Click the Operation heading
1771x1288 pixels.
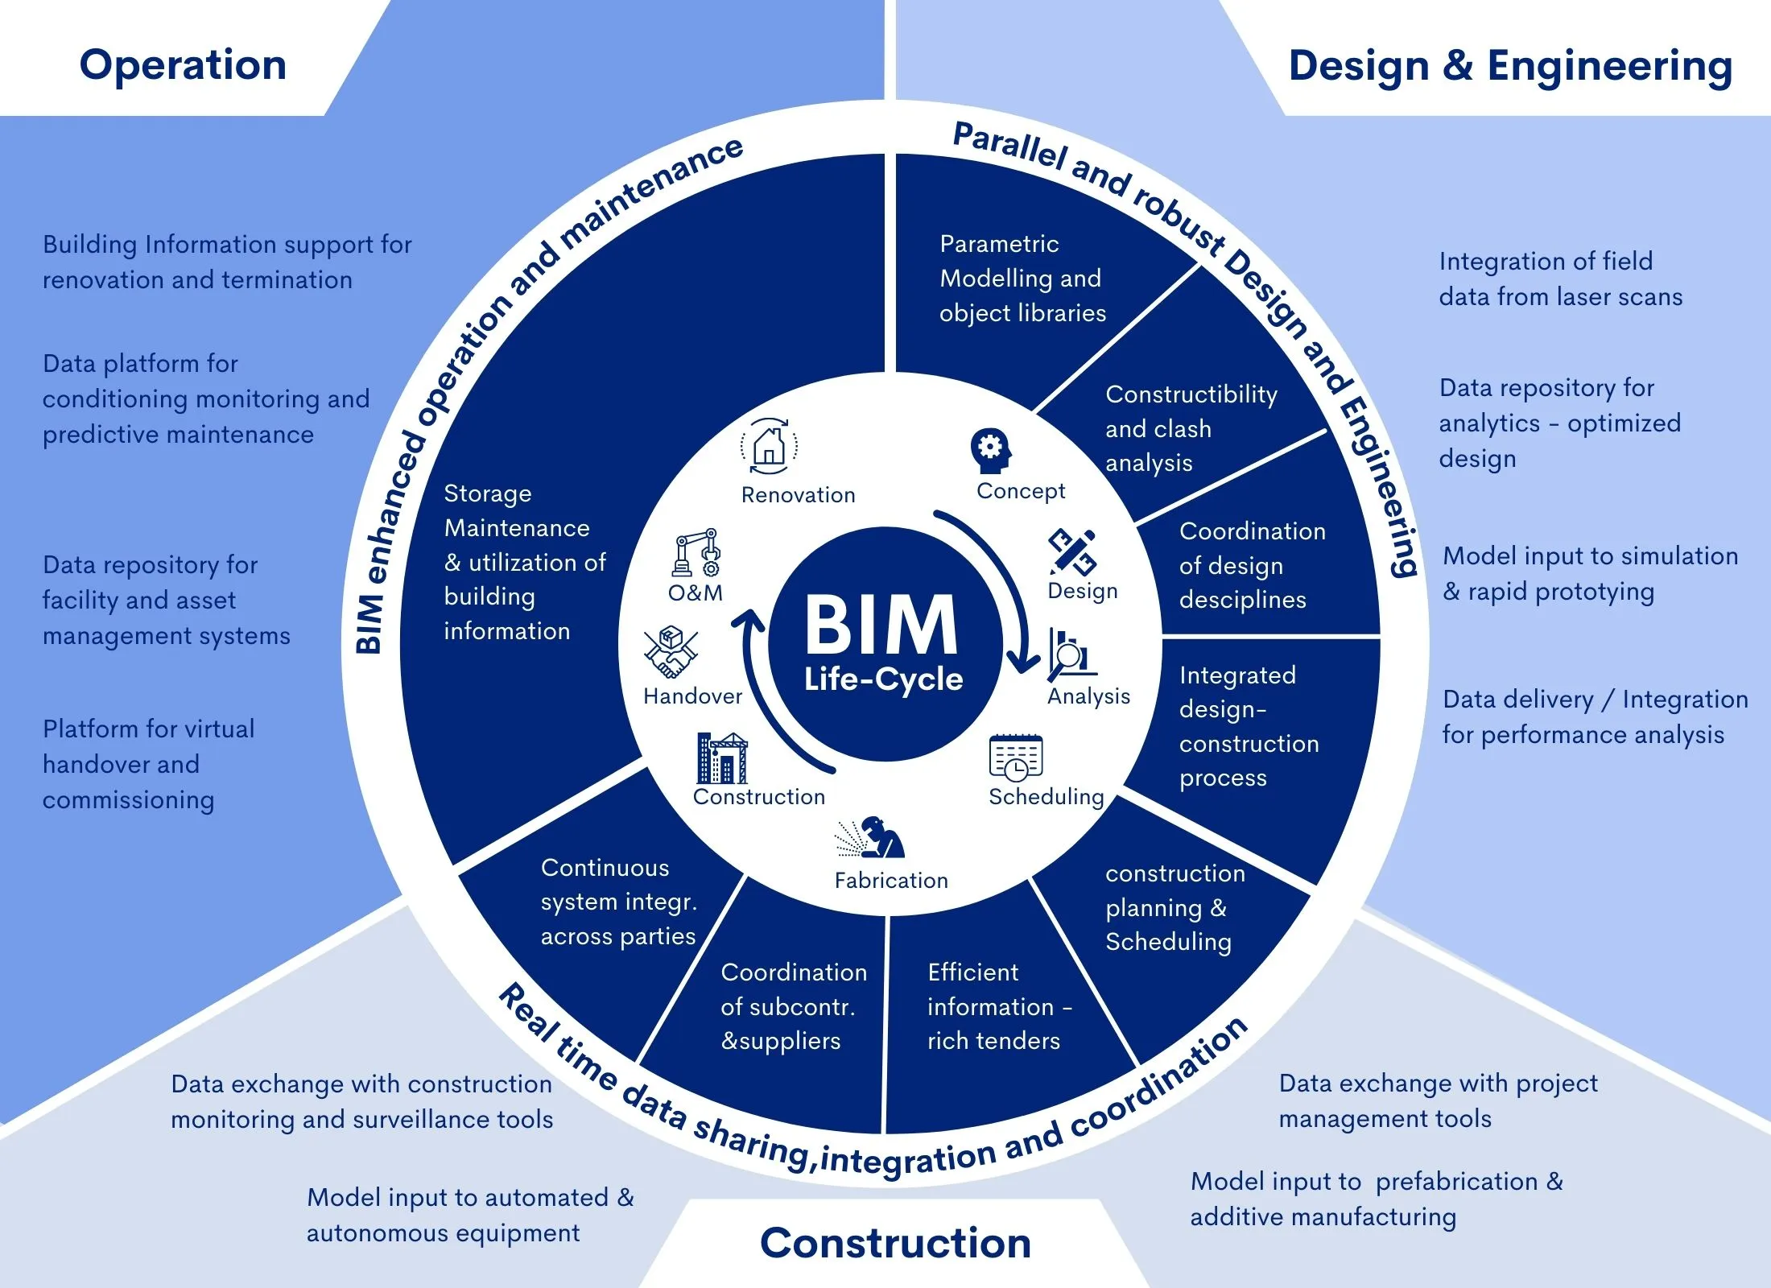(x=183, y=65)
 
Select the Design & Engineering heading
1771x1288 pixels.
(x=1510, y=66)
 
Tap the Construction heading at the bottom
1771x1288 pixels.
(x=895, y=1243)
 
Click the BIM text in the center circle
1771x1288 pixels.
(x=881, y=625)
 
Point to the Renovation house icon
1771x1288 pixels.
(x=769, y=446)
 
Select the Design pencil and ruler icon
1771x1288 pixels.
(x=1072, y=552)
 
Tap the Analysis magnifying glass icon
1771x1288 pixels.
(x=1071, y=654)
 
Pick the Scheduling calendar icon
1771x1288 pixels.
(x=1016, y=758)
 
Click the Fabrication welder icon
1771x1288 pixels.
(x=873, y=839)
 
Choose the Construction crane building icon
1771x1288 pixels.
(x=722, y=758)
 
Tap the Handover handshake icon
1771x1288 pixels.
(x=670, y=653)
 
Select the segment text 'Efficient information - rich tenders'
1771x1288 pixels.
(x=998, y=1006)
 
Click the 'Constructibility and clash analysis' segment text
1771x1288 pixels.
(x=1190, y=428)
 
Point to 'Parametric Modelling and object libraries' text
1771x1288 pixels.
(x=1022, y=279)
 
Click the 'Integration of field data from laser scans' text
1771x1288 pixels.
(x=1559, y=279)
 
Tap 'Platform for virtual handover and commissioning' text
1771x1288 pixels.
(x=148, y=764)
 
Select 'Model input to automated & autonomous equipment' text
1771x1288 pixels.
(x=469, y=1215)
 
